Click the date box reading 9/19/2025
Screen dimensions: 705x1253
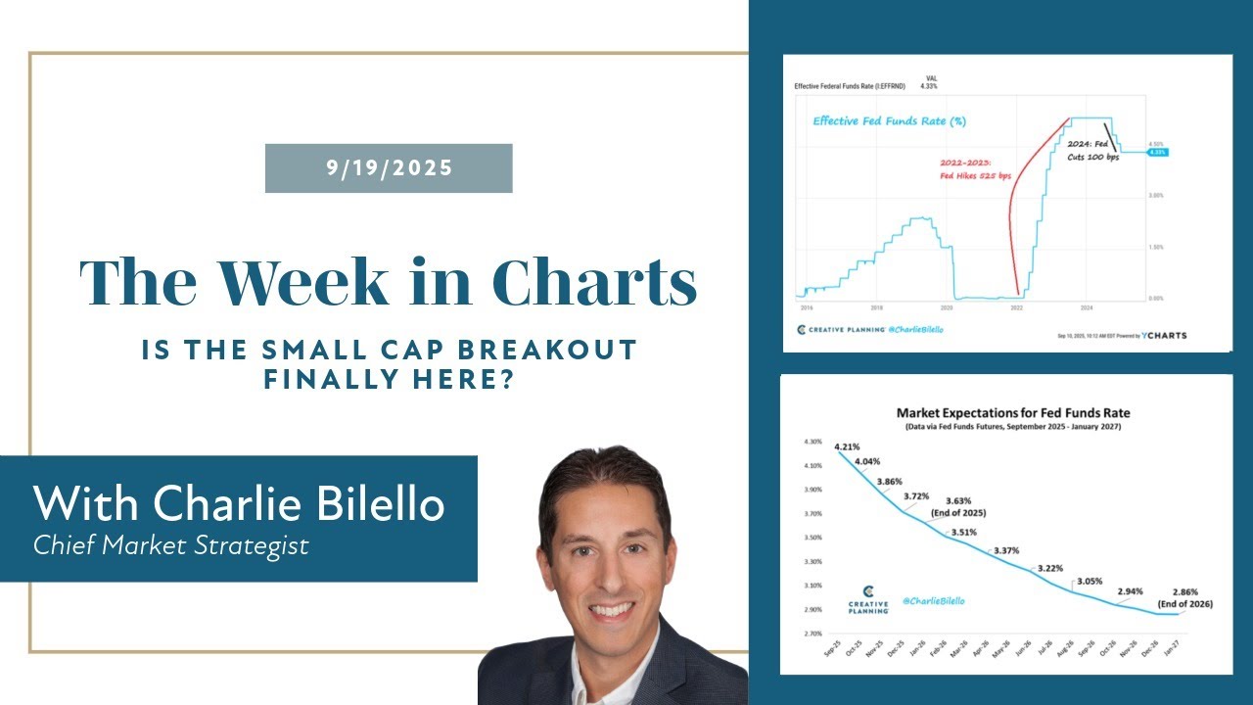click(389, 168)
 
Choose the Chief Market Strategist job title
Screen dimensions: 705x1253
click(171, 545)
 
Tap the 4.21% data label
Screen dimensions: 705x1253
click(849, 447)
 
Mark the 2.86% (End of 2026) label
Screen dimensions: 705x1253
click(1192, 598)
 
